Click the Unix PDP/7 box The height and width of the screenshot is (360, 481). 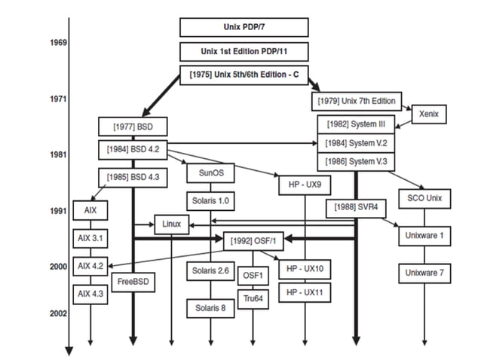click(x=244, y=27)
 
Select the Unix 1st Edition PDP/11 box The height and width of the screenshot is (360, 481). click(x=244, y=52)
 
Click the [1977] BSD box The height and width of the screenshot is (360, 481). click(x=131, y=126)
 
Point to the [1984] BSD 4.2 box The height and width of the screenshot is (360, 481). click(x=133, y=149)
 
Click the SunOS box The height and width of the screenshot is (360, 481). click(x=210, y=172)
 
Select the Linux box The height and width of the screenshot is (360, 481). click(x=171, y=224)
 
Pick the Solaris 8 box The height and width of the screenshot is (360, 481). click(x=210, y=307)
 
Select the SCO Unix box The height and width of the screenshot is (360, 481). click(x=424, y=199)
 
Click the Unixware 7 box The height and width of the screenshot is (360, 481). click(x=424, y=272)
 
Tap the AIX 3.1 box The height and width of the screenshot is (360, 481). click(x=90, y=238)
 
